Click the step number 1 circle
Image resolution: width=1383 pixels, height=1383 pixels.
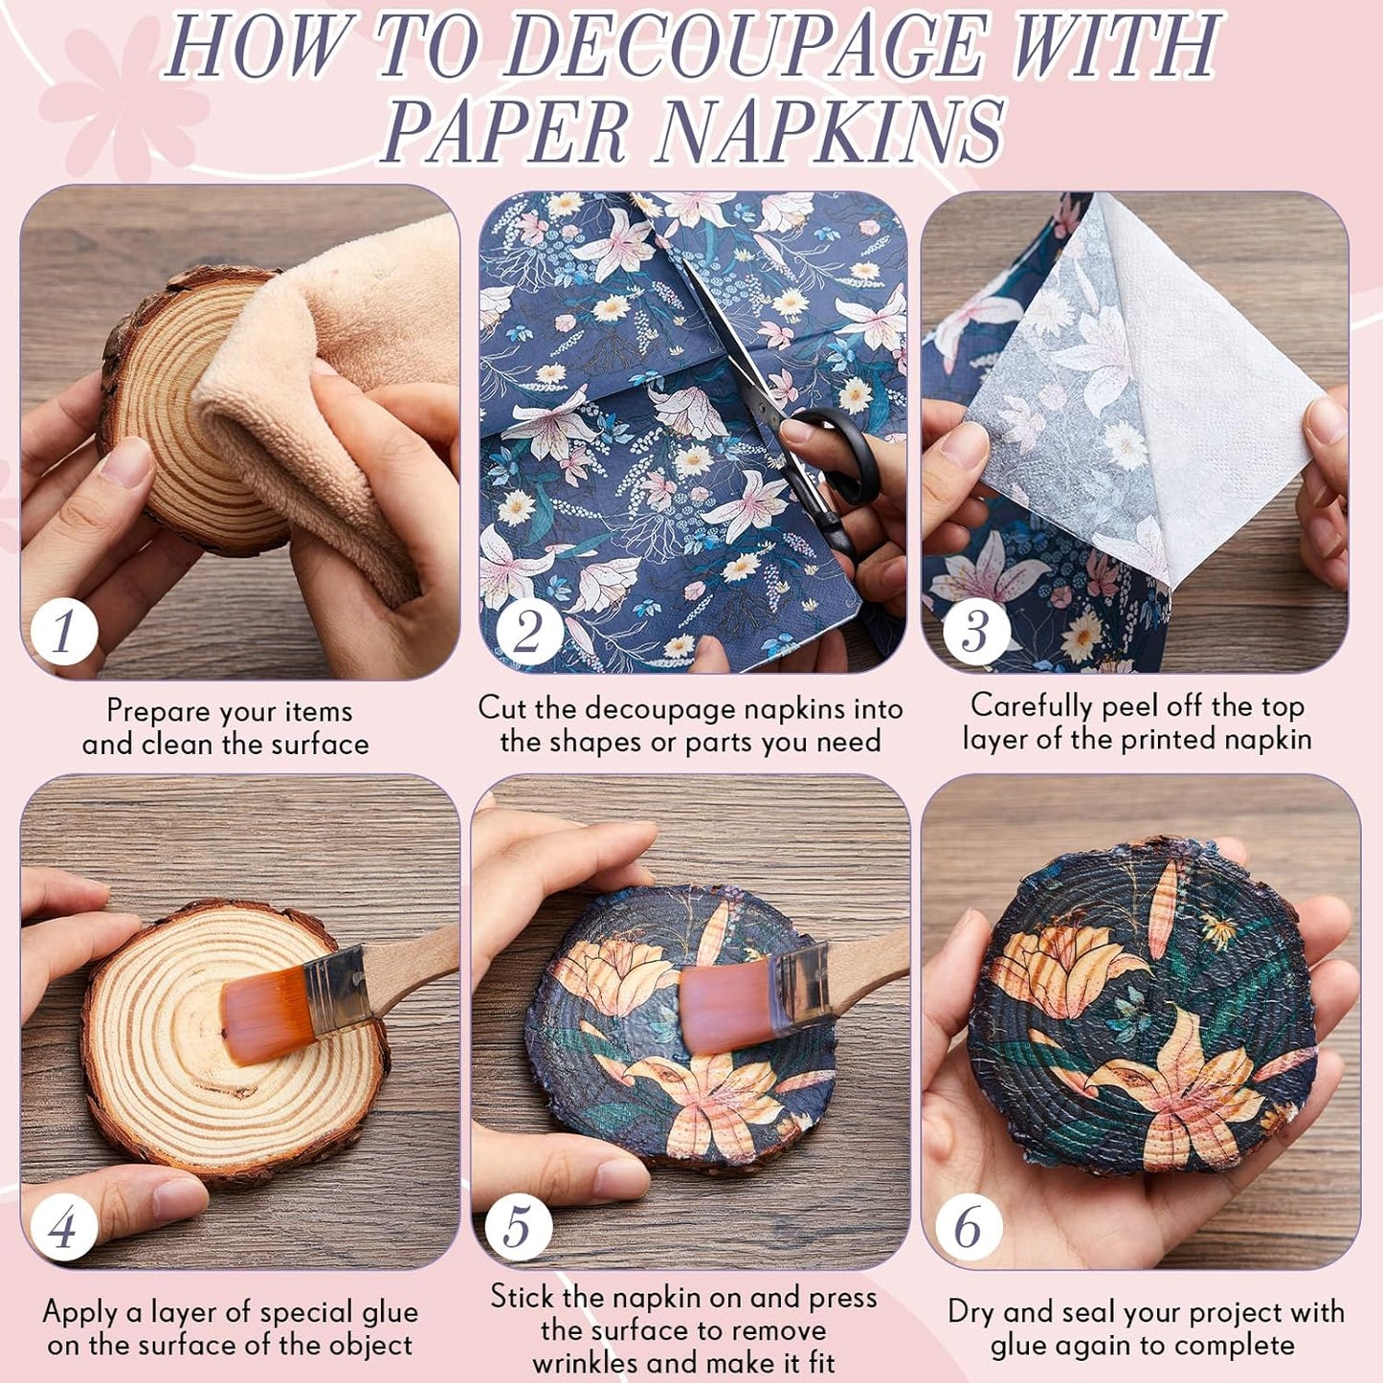click(64, 632)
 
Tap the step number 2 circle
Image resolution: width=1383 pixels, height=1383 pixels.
click(528, 632)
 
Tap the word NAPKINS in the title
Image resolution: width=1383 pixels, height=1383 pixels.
click(828, 132)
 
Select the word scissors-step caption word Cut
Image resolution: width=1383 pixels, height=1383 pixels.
click(502, 708)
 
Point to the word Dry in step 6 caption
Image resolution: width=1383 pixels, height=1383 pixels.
click(971, 1313)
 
